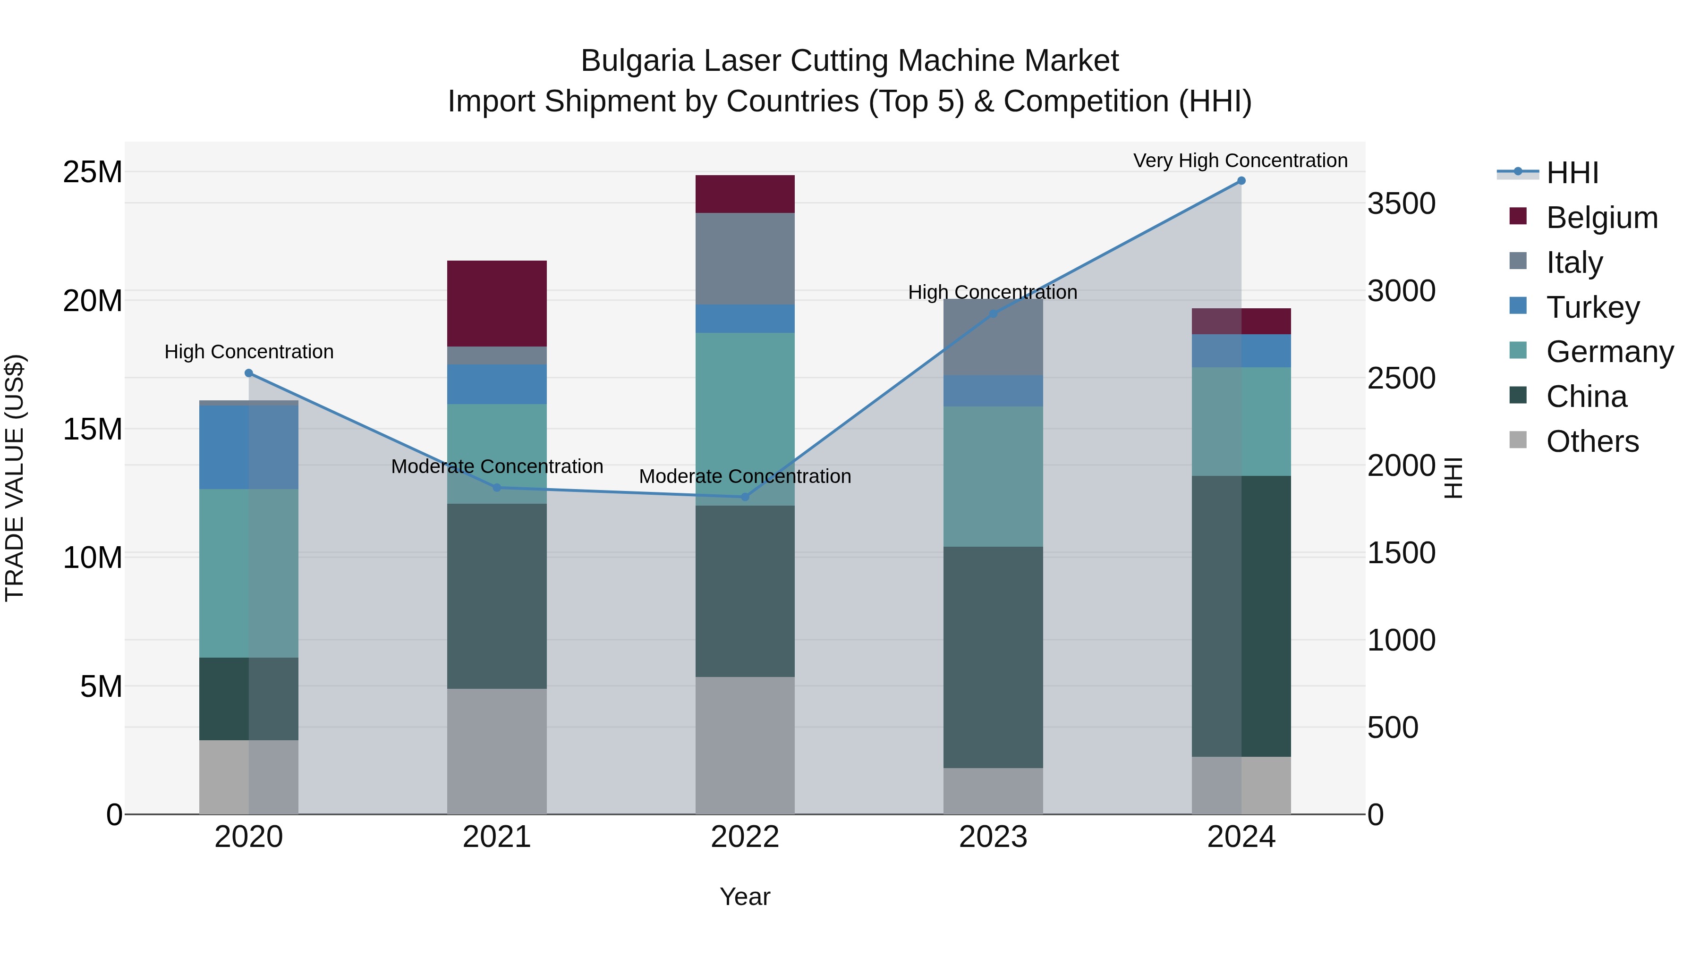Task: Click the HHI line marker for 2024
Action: click(x=1241, y=181)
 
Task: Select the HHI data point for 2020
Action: click(x=249, y=373)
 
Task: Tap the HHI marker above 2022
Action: click(x=745, y=497)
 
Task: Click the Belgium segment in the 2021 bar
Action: click(x=497, y=304)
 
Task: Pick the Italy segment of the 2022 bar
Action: click(x=745, y=259)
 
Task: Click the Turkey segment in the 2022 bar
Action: click(x=745, y=319)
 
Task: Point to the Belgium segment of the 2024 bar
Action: click(x=1241, y=321)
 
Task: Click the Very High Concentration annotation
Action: click(x=1240, y=161)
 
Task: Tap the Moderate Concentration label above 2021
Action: click(x=497, y=466)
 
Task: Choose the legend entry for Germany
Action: click(x=1609, y=352)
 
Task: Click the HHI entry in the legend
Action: click(x=1571, y=173)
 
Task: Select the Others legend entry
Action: click(x=1592, y=441)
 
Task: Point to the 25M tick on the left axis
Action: click(x=93, y=172)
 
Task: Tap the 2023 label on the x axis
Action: click(x=993, y=837)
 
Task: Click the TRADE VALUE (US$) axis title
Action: click(x=15, y=478)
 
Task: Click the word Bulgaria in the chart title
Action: click(x=637, y=61)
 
